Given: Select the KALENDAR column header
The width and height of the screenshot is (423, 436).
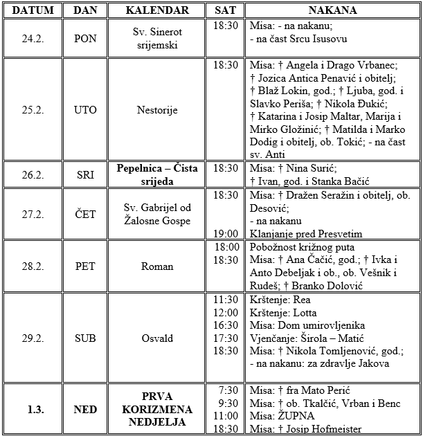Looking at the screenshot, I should tap(157, 10).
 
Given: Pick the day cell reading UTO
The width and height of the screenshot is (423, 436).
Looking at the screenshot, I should tap(85, 109).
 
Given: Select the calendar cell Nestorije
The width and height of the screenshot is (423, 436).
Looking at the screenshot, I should tap(157, 109).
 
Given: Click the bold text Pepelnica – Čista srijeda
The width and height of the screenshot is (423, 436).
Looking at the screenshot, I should tap(157, 174).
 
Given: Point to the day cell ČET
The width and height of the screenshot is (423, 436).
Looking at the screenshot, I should tap(85, 215).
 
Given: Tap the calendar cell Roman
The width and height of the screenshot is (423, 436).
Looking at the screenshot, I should tap(157, 266).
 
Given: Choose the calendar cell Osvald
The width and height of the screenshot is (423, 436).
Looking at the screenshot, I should tap(157, 338).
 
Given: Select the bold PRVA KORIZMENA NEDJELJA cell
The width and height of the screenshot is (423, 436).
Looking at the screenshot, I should tap(157, 410).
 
